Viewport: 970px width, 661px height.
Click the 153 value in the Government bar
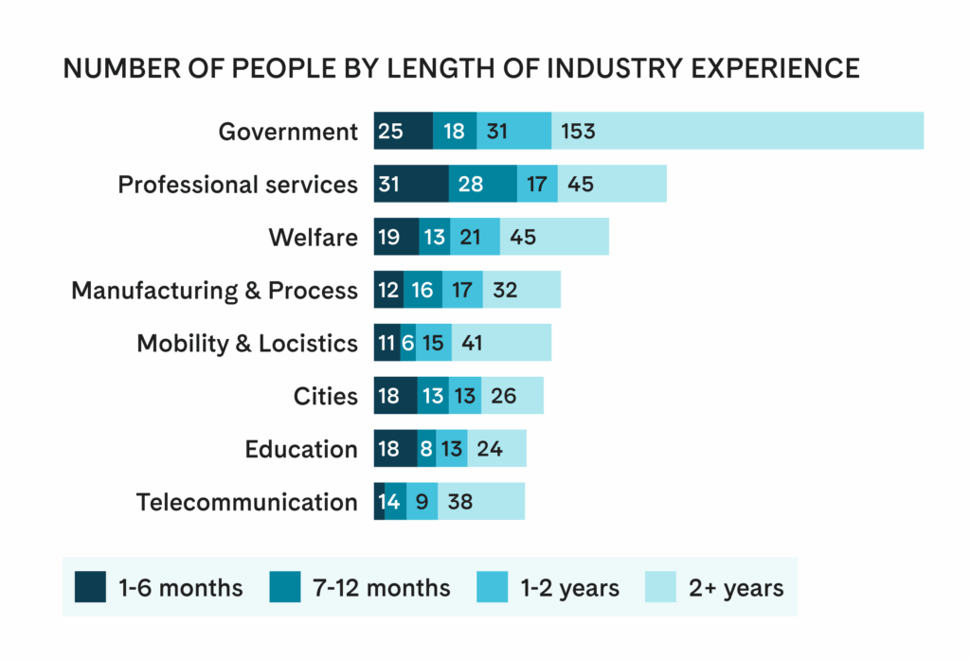[578, 131]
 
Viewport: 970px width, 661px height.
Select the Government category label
[288, 132]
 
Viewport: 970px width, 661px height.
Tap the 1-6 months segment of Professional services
[411, 184]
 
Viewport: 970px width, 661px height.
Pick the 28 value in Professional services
[470, 184]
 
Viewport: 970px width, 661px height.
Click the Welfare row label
[313, 237]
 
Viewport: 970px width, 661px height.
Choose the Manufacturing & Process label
[215, 290]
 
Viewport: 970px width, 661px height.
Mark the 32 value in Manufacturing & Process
[505, 290]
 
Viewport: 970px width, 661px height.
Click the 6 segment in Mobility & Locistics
[407, 343]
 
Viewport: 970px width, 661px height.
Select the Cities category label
[326, 396]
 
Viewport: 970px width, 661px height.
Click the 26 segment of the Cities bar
[503, 396]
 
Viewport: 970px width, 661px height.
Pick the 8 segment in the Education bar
[426, 449]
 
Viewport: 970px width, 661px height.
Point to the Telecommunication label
[247, 502]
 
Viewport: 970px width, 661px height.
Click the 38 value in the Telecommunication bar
[460, 502]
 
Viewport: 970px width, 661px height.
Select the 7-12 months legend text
[382, 588]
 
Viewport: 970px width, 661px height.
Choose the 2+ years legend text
[737, 588]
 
